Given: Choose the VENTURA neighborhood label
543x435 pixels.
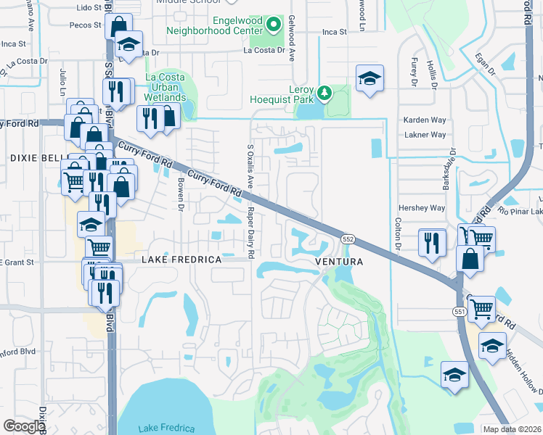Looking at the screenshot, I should click(338, 260).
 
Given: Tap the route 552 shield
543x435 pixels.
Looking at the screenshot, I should click(348, 239).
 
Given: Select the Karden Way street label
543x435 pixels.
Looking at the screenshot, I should click(425, 120).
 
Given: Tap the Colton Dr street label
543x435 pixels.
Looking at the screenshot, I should click(397, 236).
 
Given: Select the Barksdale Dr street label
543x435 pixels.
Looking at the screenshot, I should click(451, 170).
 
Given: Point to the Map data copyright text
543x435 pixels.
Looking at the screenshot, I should click(513, 429).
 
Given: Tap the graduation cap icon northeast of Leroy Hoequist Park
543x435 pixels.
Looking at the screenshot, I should click(370, 79).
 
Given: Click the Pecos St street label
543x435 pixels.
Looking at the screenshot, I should click(86, 25).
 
